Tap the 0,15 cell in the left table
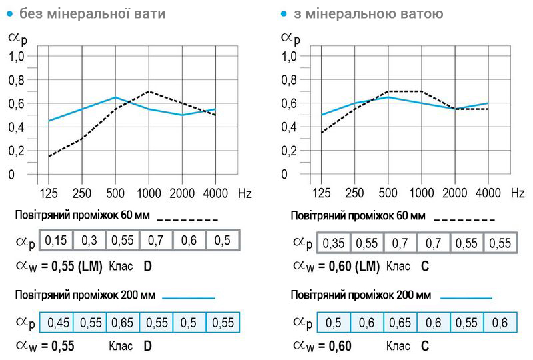coord(56,240)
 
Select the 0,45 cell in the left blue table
coord(56,323)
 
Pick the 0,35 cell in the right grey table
coord(334,243)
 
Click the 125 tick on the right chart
coord(322,193)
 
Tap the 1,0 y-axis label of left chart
coord(17,57)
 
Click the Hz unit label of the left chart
coord(245,193)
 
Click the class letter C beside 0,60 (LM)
coord(425,266)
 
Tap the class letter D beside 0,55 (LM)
coord(147,266)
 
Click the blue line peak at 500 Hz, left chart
coord(115,97)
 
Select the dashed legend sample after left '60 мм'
coord(187,219)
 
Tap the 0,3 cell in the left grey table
coord(89,240)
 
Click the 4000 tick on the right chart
coord(488,193)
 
